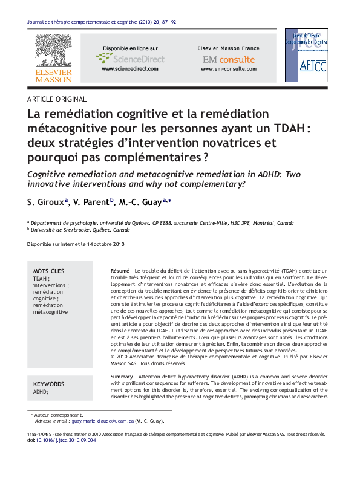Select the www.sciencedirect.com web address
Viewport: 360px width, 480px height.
pyautogui.click(x=129, y=69)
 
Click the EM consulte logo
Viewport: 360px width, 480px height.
pyautogui.click(x=228, y=59)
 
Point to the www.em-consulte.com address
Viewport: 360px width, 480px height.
pyautogui.click(x=228, y=69)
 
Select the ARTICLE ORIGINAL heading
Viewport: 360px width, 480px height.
pyautogui.click(x=57, y=99)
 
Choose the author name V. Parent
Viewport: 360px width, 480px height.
pyautogui.click(x=91, y=202)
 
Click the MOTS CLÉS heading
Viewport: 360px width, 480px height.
pyautogui.click(x=48, y=271)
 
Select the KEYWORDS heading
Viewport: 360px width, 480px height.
pyautogui.click(x=48, y=384)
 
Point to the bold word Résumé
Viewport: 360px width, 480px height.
pyautogui.click(x=120, y=270)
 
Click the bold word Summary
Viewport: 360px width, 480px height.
pyautogui.click(x=122, y=377)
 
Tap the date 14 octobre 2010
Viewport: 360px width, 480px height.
pyautogui.click(x=105, y=244)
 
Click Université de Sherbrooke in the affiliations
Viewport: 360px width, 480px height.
pyautogui.click(x=62, y=230)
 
